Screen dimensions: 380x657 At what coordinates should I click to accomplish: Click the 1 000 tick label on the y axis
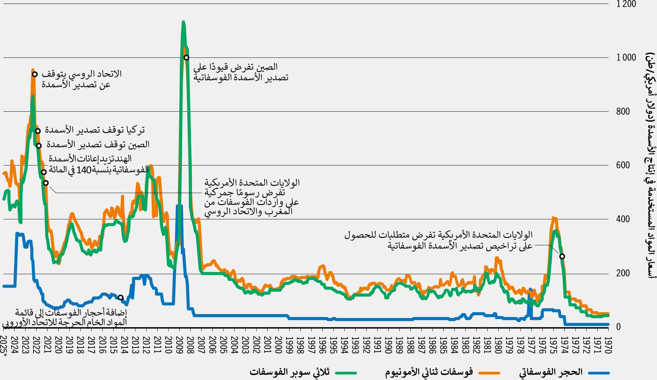pyautogui.click(x=626, y=58)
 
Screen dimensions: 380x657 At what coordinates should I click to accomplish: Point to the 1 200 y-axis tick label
pyautogui.click(x=626, y=4)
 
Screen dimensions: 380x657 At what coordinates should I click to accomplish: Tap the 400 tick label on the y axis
pyautogui.click(x=623, y=219)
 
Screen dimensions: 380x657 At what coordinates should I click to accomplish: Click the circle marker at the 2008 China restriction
pyautogui.click(x=186, y=58)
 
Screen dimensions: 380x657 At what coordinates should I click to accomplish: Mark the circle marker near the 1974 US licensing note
pyautogui.click(x=562, y=256)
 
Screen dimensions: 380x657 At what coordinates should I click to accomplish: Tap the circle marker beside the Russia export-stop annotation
pyautogui.click(x=35, y=74)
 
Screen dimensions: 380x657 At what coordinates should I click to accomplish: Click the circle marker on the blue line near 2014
pyautogui.click(x=121, y=298)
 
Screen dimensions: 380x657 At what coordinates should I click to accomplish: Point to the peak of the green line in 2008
pyautogui.click(x=183, y=22)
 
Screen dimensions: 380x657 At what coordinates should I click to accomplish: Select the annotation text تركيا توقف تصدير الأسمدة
pyautogui.click(x=95, y=130)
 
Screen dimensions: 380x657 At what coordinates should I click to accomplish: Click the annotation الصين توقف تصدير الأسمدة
pyautogui.click(x=98, y=144)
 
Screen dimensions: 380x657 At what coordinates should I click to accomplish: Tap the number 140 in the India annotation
pyautogui.click(x=83, y=170)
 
